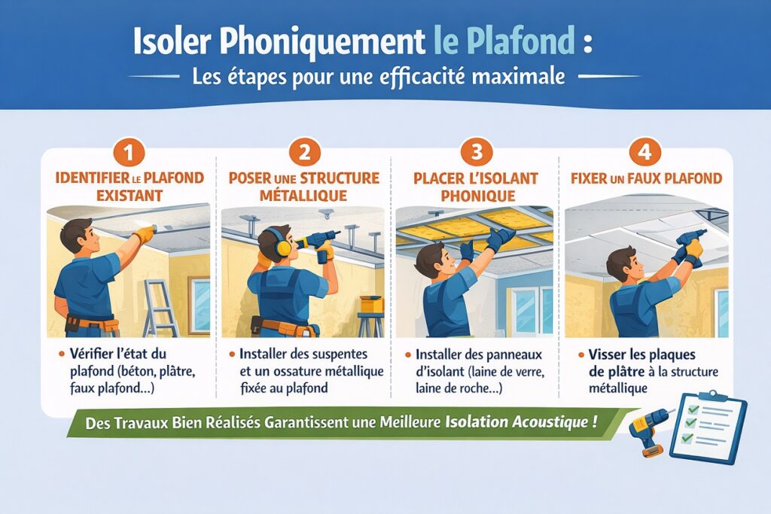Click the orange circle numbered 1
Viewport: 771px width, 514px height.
pos(129,152)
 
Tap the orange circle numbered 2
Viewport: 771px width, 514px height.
pos(305,152)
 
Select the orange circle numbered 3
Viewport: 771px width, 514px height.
pos(477,152)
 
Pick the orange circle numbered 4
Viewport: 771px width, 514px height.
pos(645,152)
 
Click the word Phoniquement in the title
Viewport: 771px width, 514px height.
pos(322,42)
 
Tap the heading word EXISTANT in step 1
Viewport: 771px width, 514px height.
pos(130,196)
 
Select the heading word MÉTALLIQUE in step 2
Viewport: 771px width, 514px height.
pos(303,196)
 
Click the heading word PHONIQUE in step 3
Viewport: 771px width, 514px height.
pos(478,196)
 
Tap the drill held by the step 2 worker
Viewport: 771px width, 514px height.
pos(318,245)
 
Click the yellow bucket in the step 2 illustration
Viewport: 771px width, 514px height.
pos(371,304)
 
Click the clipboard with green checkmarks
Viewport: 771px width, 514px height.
pos(708,427)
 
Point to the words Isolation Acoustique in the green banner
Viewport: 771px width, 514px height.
pos(522,423)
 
